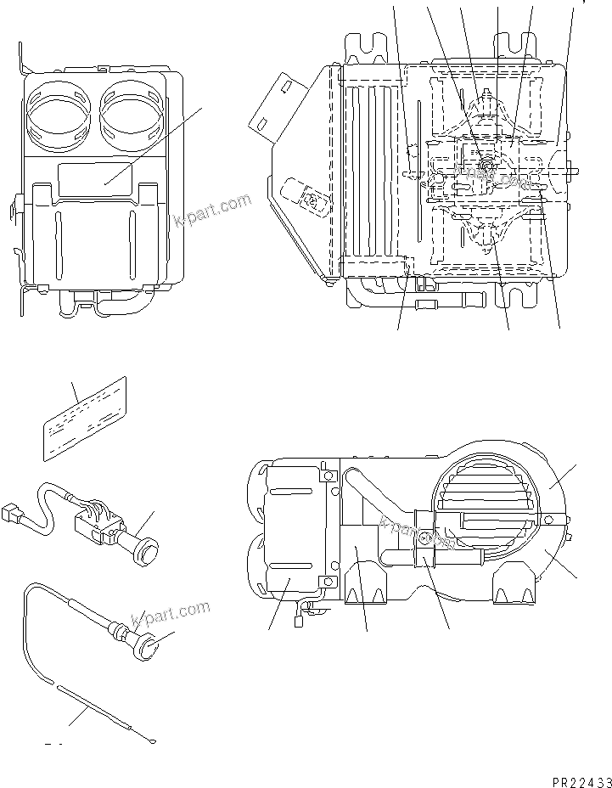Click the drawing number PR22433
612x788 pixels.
click(575, 776)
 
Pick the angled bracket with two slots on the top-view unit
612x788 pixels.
click(280, 104)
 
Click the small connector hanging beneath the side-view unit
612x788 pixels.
click(300, 621)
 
